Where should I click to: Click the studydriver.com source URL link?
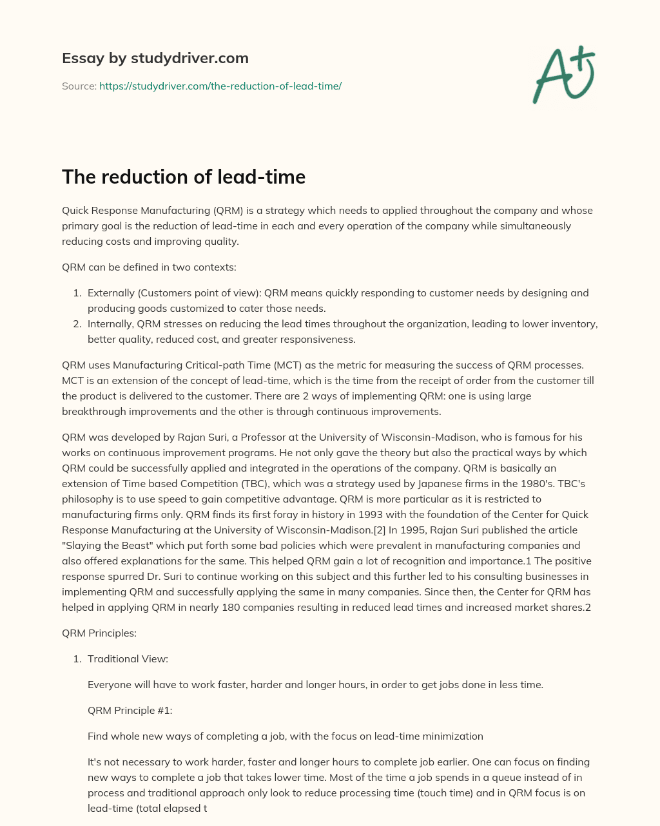click(x=220, y=86)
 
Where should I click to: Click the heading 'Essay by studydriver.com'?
click(x=155, y=58)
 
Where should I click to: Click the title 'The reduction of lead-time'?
click(x=183, y=177)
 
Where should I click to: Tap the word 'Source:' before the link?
click(x=79, y=86)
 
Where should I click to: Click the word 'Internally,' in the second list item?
click(x=111, y=324)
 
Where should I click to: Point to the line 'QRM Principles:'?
click(x=99, y=633)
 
